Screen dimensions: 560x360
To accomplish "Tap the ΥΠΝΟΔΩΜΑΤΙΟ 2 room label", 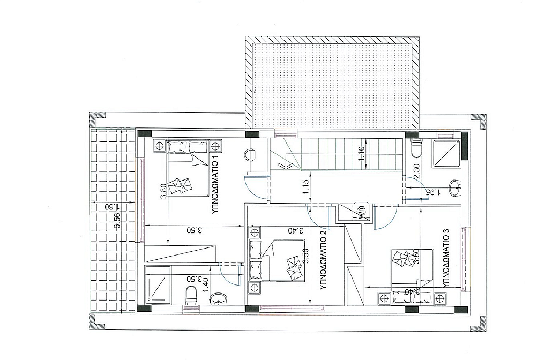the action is coord(324,260).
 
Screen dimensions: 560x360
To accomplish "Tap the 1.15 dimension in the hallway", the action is coord(305,187).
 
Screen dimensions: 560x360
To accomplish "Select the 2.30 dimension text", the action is coord(416,172).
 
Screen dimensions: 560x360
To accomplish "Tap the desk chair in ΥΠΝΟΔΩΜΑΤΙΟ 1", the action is coord(250,155).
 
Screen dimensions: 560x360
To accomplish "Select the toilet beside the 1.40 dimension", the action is coord(191,296).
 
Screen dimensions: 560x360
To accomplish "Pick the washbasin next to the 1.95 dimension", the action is coord(454,189).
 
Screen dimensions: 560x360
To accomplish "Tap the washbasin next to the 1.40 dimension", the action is coord(218,299).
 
